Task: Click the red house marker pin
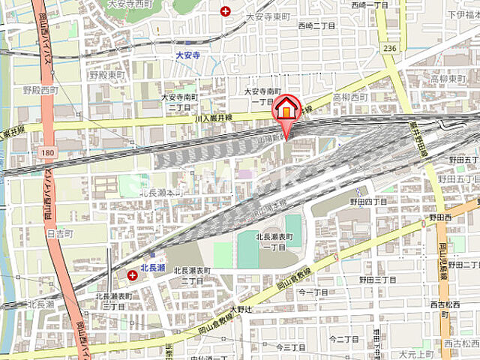(286, 109)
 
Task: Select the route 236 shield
(388, 48)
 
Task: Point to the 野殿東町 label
(107, 75)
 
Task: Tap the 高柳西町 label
(350, 97)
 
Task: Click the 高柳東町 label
(447, 78)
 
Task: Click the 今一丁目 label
(313, 292)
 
